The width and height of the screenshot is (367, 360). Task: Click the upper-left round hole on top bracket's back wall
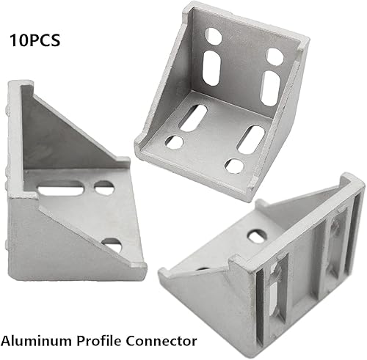click(213, 35)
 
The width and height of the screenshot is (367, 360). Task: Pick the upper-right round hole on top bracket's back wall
click(275, 56)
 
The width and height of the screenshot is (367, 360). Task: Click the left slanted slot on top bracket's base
click(193, 117)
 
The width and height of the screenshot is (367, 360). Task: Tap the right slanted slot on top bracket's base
click(251, 139)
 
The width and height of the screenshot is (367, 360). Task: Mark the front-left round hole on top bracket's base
click(174, 142)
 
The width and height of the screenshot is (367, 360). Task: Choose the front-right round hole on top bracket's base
click(234, 166)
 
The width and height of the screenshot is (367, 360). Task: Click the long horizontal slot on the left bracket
click(62, 191)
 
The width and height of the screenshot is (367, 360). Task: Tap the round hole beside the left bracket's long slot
click(104, 188)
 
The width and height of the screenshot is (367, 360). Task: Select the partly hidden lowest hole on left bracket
click(112, 244)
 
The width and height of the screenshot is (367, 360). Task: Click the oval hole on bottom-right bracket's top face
click(256, 237)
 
